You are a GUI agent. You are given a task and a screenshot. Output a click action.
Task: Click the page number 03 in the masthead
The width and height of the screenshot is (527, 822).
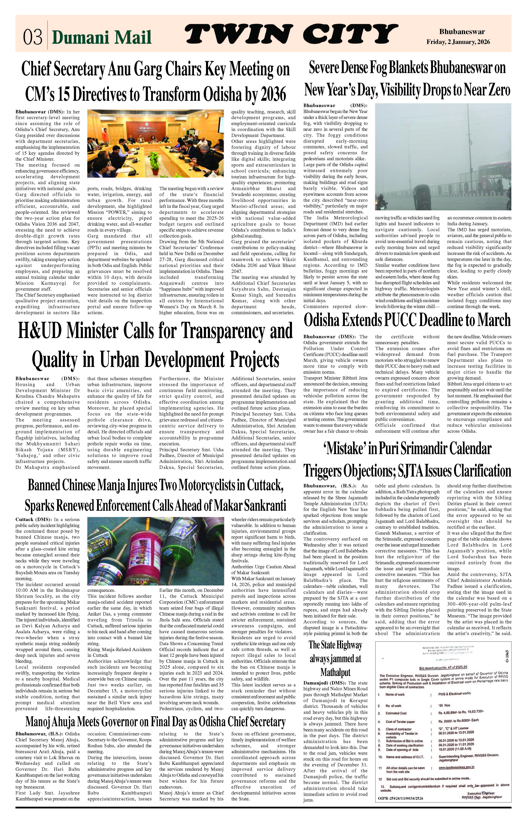coord(32,37)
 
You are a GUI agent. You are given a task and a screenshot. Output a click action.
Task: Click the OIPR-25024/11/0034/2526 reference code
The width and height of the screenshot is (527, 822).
coord(400,798)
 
